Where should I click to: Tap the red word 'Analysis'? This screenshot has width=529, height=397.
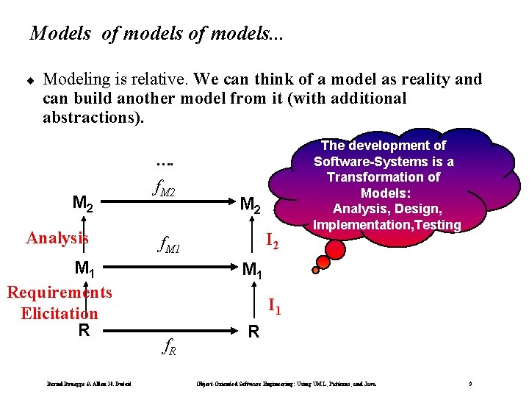pyautogui.click(x=57, y=237)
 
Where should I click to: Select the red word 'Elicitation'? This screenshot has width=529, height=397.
pyautogui.click(x=60, y=313)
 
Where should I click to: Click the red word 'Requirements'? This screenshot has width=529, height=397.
pyautogui.click(x=60, y=293)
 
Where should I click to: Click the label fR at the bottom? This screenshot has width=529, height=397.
pyautogui.click(x=168, y=347)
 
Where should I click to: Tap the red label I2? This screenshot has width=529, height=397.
pyautogui.click(x=271, y=238)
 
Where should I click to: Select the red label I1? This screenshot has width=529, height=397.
pyautogui.click(x=273, y=304)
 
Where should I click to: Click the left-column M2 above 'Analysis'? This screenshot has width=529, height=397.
pyautogui.click(x=82, y=201)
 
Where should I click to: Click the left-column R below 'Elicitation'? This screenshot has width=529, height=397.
pyautogui.click(x=84, y=330)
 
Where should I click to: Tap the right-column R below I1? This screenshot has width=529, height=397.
pyautogui.click(x=253, y=332)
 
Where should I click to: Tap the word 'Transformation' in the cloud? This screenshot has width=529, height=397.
pyautogui.click(x=384, y=177)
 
